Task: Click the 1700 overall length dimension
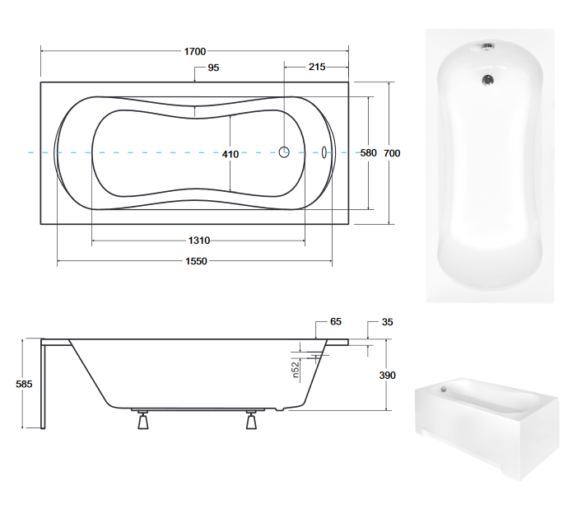(195, 51)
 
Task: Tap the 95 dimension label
(213, 68)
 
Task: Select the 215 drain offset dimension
(317, 67)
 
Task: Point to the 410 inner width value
(230, 154)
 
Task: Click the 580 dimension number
(368, 153)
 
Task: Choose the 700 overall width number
(392, 153)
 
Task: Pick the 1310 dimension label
(199, 240)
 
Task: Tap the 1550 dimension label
(196, 261)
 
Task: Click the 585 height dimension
(24, 384)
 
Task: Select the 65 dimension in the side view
(336, 321)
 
